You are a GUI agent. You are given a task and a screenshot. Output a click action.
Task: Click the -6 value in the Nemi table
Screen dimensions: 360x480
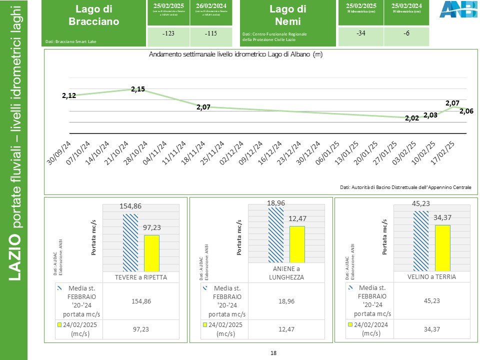tap(406, 34)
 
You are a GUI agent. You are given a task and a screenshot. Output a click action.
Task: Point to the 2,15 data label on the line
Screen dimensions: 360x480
tap(138, 89)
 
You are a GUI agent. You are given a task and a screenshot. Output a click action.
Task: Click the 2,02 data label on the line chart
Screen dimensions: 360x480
tap(412, 118)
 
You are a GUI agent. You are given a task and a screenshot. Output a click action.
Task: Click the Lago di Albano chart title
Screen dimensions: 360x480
tap(235, 54)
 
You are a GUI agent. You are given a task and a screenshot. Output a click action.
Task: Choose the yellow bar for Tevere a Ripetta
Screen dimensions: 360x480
tap(151, 253)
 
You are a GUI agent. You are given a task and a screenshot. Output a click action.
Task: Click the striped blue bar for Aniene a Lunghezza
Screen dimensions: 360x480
tap(276, 234)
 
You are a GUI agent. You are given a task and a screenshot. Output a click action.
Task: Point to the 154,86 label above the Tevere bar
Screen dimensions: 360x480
tap(130, 206)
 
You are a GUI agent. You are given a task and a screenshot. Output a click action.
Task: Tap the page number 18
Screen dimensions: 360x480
tap(273, 353)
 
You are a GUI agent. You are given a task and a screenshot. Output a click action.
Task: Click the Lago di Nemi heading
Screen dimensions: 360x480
tap(287, 15)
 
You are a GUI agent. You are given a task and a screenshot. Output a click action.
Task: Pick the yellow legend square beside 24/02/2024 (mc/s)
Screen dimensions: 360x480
tap(349, 324)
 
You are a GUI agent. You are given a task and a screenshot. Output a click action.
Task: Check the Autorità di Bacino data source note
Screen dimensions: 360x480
tap(405, 187)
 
